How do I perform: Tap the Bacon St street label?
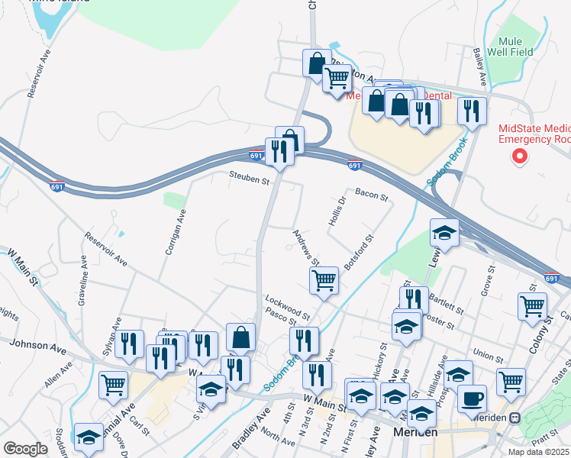[371, 196]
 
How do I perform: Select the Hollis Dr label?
[337, 211]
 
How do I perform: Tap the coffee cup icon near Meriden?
[472, 398]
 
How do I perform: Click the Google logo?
[25, 449]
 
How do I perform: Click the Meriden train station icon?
[516, 418]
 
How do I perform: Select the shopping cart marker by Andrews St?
[324, 280]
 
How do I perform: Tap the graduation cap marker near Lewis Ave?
[444, 233]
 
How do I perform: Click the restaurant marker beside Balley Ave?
[472, 111]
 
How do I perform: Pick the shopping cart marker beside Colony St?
[531, 306]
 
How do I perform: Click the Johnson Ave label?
[38, 345]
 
